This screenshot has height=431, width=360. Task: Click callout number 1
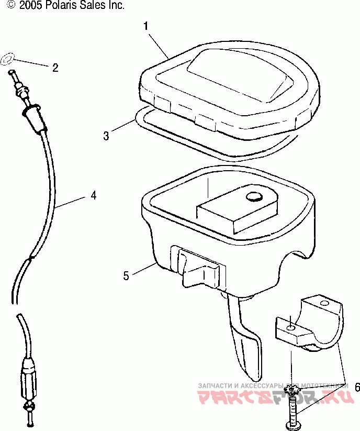(146, 25)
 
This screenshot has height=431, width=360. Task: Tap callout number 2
(54, 67)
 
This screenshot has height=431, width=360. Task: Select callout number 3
(106, 136)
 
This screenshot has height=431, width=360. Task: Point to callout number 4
(93, 195)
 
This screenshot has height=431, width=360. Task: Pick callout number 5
(126, 275)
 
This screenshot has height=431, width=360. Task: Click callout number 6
(357, 388)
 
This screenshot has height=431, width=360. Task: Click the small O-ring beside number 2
(9, 59)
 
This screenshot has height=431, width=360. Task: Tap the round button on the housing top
(255, 196)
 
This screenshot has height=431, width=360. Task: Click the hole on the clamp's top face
(324, 303)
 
